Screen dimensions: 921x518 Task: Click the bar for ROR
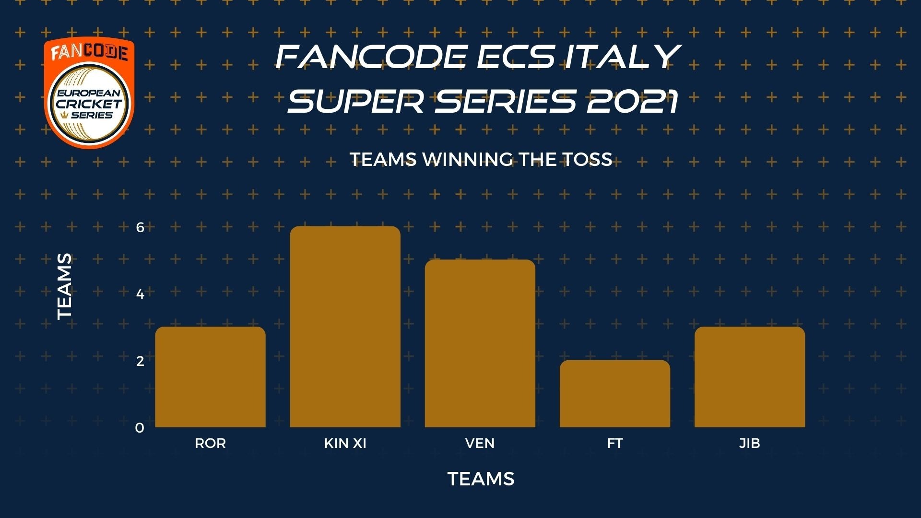[210, 377]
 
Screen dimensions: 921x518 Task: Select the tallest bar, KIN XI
[345, 327]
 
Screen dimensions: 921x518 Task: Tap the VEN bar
[480, 343]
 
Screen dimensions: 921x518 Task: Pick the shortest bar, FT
[614, 394]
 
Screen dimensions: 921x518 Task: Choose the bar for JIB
[750, 377]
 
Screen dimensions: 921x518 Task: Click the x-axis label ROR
[210, 443]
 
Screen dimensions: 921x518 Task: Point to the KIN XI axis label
[345, 443]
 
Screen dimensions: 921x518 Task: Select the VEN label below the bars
[480, 443]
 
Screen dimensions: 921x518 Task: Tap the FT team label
[614, 443]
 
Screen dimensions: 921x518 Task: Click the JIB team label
[750, 443]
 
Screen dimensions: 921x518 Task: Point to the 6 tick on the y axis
[140, 227]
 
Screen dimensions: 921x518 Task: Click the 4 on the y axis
[140, 294]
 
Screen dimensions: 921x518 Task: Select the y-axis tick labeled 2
[140, 361]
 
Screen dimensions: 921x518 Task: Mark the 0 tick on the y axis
[140, 428]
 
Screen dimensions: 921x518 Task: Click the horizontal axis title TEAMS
[481, 479]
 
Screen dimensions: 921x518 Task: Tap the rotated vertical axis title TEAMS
[64, 286]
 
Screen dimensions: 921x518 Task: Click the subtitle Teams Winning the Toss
[481, 159]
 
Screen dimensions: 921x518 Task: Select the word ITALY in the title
[622, 57]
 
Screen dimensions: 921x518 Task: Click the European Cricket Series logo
[89, 93]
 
